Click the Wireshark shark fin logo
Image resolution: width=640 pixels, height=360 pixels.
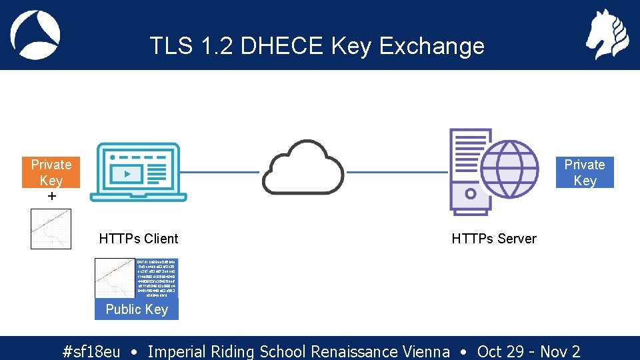[x=35, y=35]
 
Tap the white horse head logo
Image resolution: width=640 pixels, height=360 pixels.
[x=607, y=35]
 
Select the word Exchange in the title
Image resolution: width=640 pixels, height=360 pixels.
[x=431, y=46]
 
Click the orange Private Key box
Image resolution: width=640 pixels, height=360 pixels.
[x=51, y=172]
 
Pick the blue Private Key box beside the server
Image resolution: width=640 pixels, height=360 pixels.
[x=584, y=172]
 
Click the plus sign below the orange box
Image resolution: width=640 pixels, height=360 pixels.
[x=51, y=197]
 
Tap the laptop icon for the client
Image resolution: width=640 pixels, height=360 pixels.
[x=141, y=172]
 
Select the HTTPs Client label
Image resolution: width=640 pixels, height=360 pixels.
[x=139, y=239]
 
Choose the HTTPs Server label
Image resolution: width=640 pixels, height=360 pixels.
[x=493, y=239]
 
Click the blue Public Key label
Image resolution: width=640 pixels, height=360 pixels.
[x=137, y=309]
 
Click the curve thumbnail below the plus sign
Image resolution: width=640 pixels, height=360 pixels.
[x=51, y=229]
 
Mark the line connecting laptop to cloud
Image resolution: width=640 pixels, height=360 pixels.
[x=223, y=172]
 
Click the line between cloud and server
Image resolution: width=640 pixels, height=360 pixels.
[x=396, y=172]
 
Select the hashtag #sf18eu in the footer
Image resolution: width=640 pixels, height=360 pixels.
[x=91, y=351]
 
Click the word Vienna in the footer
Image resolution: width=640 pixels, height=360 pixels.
[x=426, y=351]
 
